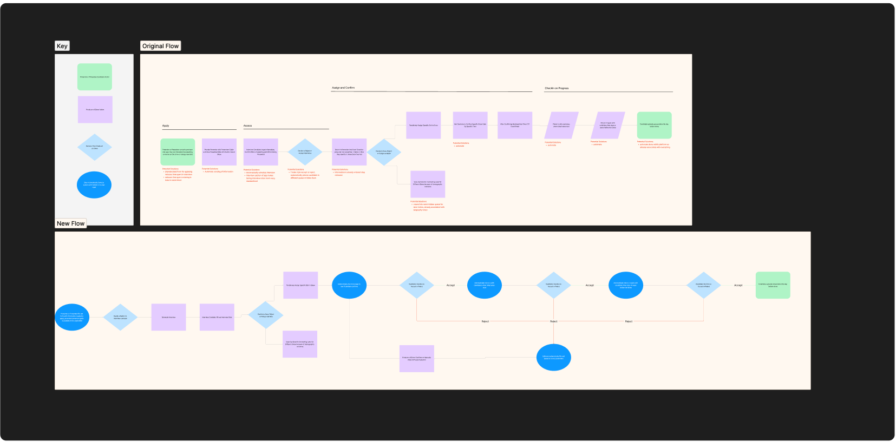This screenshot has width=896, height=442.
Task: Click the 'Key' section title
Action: pos(62,46)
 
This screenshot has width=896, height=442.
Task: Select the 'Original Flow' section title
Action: pos(160,46)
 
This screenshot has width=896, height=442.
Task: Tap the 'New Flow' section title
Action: pos(70,223)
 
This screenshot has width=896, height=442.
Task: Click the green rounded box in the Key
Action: pos(95,77)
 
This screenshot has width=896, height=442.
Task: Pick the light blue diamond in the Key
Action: pos(94,147)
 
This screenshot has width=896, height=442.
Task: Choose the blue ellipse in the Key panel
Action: pos(94,185)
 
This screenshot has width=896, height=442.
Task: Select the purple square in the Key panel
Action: pos(95,110)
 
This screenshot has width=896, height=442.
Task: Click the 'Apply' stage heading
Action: pos(166,126)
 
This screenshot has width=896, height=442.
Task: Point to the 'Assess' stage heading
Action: pos(247,126)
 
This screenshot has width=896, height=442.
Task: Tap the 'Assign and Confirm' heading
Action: pos(343,88)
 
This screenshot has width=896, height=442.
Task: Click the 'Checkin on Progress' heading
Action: pos(557,88)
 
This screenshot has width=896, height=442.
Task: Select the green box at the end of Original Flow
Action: pos(654,125)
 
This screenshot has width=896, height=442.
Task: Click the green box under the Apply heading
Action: pos(178,152)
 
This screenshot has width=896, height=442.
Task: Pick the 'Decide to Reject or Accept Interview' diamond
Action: pos(305,152)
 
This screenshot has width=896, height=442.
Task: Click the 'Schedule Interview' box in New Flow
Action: pos(168,317)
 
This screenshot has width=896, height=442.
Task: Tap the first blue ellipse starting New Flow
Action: pos(72,317)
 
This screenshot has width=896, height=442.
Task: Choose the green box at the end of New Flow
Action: pos(773,285)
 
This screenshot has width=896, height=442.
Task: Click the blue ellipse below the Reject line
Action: pos(553,357)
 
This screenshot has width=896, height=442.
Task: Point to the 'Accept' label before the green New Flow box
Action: pos(738,285)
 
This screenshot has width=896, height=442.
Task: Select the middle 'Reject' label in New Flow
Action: pos(553,321)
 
